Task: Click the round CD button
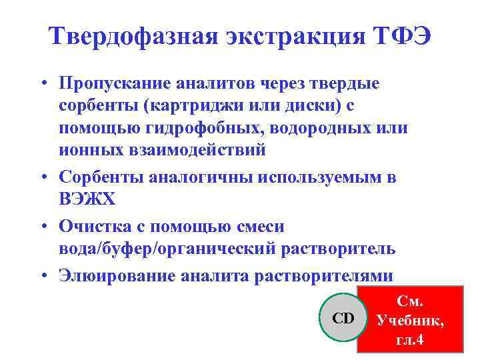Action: click(343, 318)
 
